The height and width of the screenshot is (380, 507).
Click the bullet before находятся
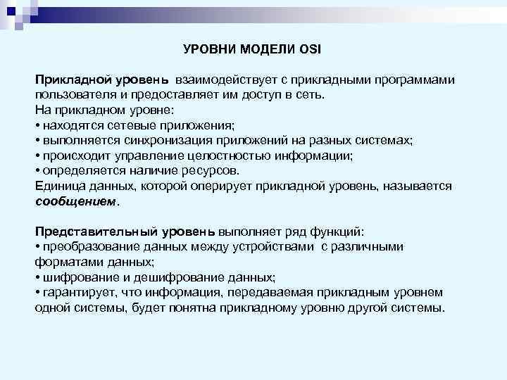tap(37, 126)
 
